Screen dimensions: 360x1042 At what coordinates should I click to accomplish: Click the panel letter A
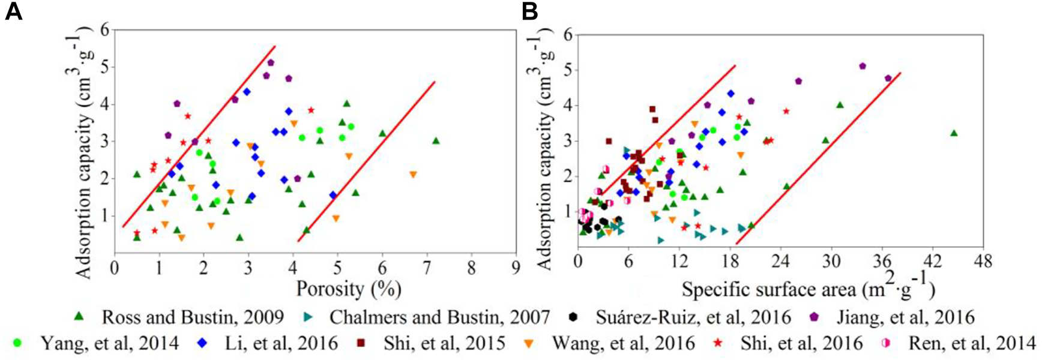click(13, 12)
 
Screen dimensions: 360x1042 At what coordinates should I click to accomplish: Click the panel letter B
click(529, 12)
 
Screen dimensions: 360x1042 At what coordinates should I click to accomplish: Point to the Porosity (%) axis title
click(348, 289)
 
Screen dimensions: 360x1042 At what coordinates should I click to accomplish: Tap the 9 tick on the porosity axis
click(516, 266)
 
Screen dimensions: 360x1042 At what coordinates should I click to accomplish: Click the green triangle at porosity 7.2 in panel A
click(436, 141)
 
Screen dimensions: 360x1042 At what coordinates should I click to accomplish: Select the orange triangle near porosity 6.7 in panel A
click(413, 175)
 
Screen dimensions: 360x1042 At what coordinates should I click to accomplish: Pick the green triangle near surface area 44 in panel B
click(954, 133)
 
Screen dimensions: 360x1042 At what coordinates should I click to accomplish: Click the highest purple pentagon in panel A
click(271, 62)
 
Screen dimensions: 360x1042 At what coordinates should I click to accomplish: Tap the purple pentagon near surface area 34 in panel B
click(863, 66)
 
